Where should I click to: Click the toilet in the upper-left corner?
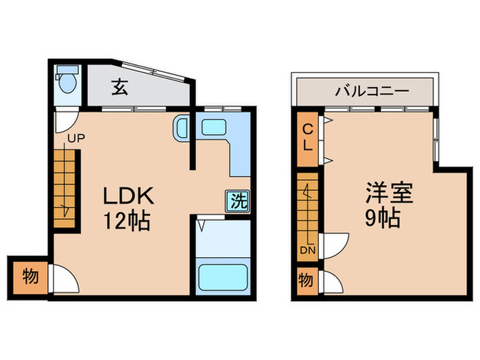pyautogui.click(x=67, y=83)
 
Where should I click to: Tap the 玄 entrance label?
pyautogui.click(x=121, y=88)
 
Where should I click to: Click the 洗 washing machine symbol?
pyautogui.click(x=238, y=201)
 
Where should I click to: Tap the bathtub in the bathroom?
pyautogui.click(x=223, y=278)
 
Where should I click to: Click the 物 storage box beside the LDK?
pyautogui.click(x=29, y=277)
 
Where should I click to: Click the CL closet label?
pyautogui.click(x=309, y=137)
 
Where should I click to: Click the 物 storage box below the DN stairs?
pyautogui.click(x=307, y=281)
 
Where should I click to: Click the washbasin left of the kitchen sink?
pyautogui.click(x=182, y=128)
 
